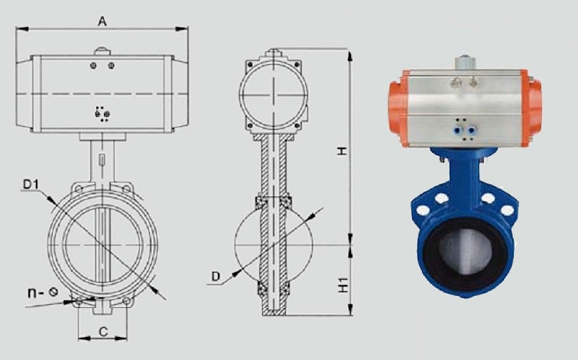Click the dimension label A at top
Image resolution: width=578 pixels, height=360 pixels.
102,21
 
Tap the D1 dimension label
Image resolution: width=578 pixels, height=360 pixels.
31,184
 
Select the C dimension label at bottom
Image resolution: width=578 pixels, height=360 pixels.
103,332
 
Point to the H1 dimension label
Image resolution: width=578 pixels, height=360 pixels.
343,285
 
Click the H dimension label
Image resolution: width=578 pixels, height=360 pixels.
343,151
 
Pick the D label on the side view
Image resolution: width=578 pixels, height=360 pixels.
216,277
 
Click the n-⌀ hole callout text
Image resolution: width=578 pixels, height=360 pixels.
43,293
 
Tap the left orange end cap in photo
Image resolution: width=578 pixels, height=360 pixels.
398,108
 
